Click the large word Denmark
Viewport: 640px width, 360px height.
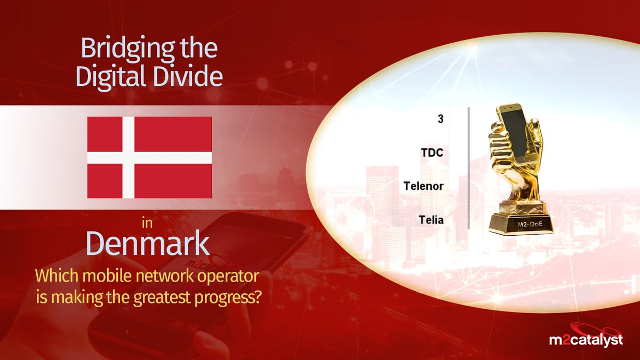click(147, 244)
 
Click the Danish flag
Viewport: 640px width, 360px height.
click(149, 157)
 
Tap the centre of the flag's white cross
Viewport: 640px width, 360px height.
click(129, 157)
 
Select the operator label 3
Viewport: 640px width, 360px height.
click(440, 119)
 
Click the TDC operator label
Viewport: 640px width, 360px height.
click(432, 153)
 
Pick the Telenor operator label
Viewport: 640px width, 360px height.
click(424, 186)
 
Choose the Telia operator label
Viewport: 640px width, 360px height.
click(431, 220)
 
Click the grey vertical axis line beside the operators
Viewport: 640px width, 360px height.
click(468, 168)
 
